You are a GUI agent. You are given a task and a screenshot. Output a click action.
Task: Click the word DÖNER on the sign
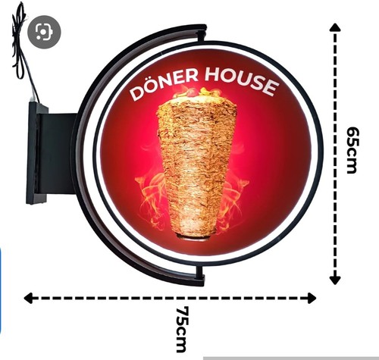click(164, 84)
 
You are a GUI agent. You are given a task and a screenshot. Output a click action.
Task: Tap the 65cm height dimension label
click(352, 150)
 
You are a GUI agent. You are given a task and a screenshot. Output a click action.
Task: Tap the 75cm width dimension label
click(182, 329)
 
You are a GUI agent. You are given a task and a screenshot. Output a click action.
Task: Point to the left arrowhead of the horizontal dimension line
click(28, 298)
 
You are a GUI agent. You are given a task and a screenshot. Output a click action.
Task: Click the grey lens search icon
click(44, 32)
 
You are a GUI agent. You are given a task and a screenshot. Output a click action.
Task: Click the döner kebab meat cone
click(198, 167)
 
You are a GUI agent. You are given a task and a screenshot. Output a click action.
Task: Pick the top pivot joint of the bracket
click(202, 35)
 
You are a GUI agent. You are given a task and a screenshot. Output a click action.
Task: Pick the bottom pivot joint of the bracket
click(200, 274)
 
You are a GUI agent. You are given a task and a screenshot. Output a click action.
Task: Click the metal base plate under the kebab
click(194, 237)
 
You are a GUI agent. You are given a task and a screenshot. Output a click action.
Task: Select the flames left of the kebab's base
click(152, 195)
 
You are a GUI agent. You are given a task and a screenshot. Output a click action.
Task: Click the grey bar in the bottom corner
click(291, 358)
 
